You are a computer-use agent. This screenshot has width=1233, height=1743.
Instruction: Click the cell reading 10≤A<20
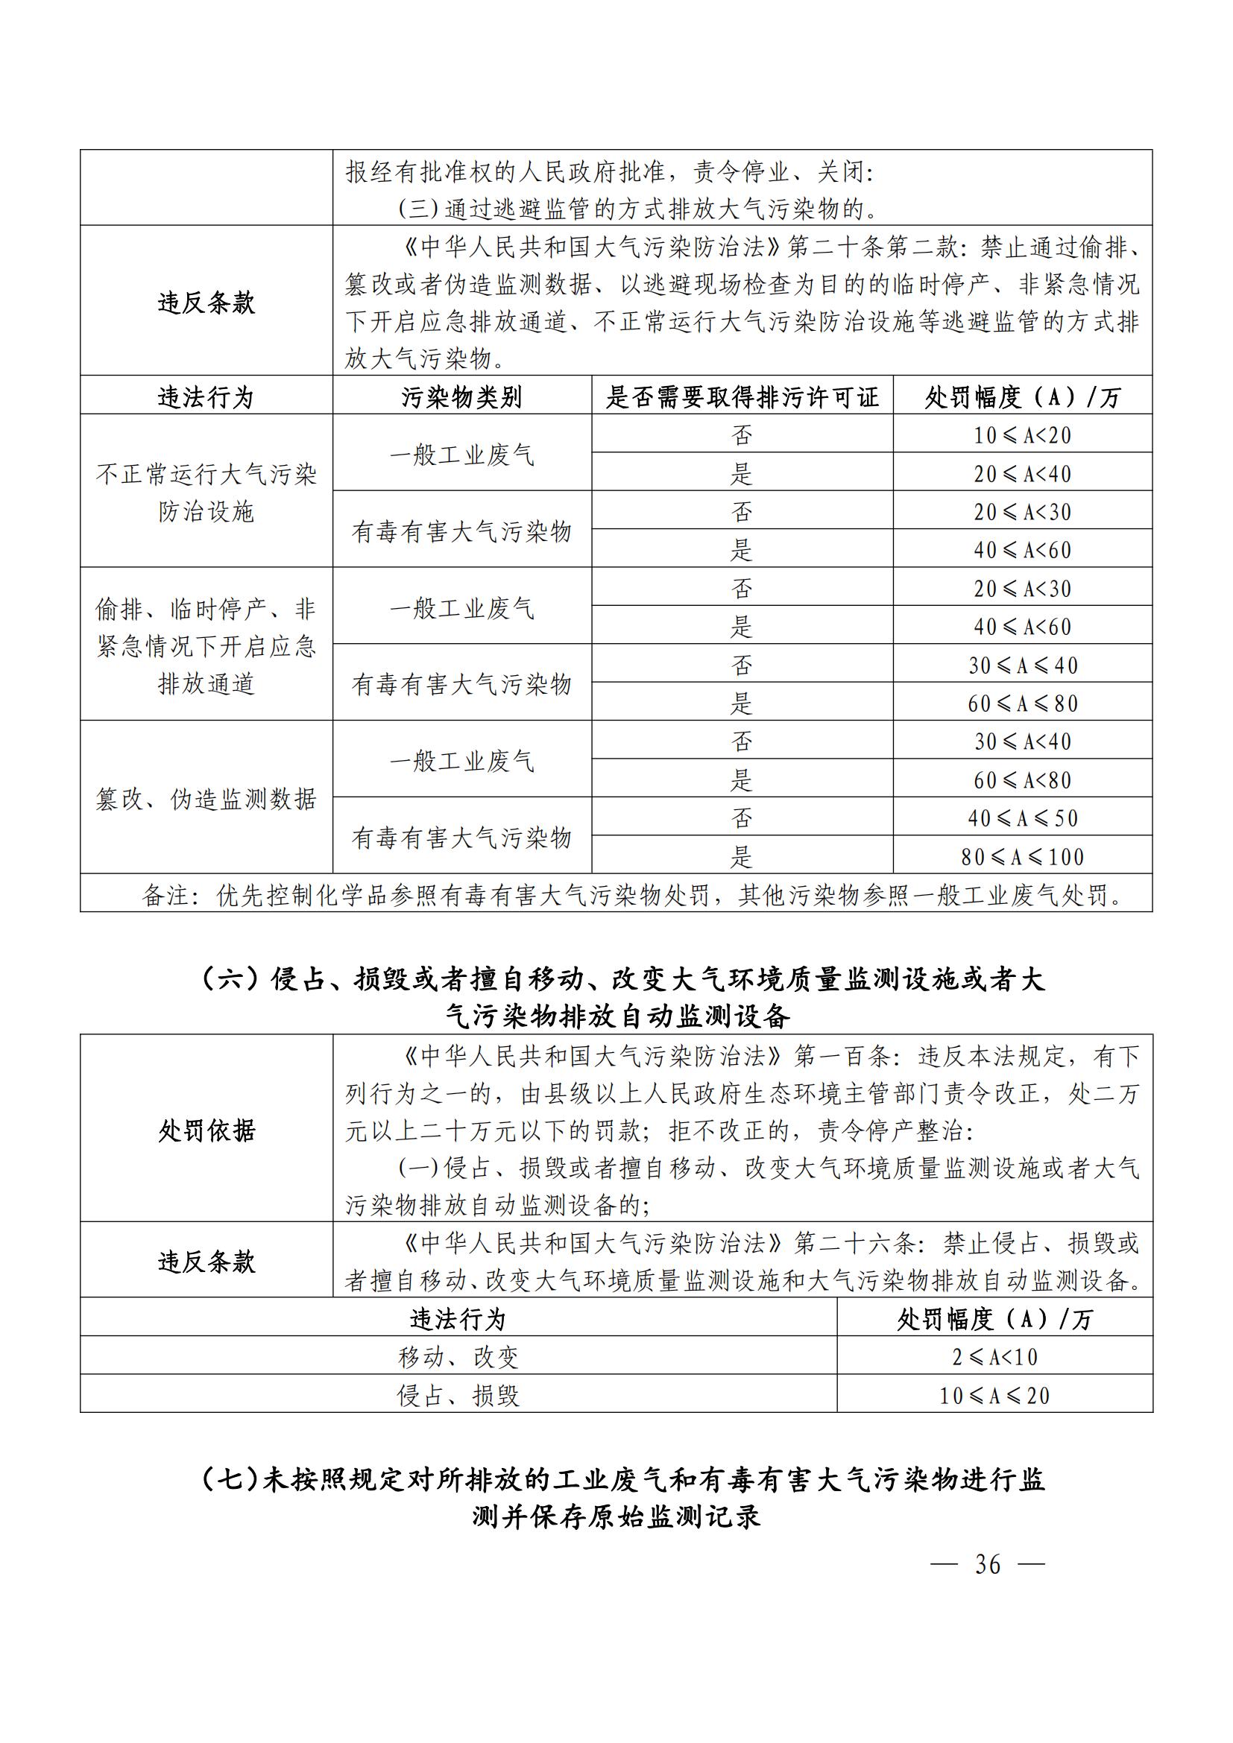click(x=1022, y=435)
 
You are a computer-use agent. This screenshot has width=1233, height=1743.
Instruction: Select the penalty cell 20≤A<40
click(x=1022, y=474)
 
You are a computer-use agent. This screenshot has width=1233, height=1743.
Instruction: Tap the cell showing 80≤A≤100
click(x=1022, y=857)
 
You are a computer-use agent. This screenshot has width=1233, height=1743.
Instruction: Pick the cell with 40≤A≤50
click(x=1022, y=818)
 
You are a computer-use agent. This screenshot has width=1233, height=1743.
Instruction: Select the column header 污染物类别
click(x=461, y=397)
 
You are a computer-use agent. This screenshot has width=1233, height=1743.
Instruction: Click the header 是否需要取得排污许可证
click(x=742, y=397)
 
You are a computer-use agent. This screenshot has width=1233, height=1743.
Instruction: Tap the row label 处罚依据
click(x=206, y=1130)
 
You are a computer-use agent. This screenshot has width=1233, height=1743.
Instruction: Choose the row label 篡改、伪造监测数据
click(x=206, y=799)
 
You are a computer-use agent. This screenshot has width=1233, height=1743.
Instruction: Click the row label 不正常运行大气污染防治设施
click(x=206, y=493)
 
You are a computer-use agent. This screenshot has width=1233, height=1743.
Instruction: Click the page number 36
click(x=987, y=1565)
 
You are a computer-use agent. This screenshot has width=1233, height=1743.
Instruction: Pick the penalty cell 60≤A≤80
click(x=1022, y=703)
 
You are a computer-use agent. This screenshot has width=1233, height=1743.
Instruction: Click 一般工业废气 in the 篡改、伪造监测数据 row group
click(x=461, y=761)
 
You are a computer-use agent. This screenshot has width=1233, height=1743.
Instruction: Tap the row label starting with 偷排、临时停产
click(x=206, y=646)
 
